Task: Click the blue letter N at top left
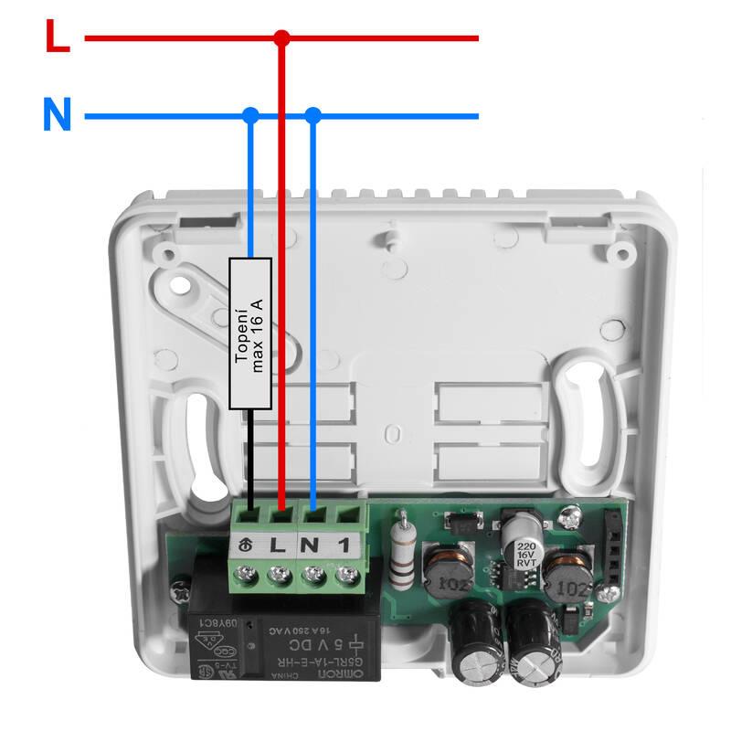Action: coord(57,116)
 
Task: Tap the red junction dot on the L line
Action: coord(282,38)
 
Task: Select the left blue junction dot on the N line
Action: coord(250,116)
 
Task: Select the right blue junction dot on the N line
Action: coord(313,116)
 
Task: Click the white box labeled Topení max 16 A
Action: coord(250,333)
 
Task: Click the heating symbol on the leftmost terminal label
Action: coord(246,546)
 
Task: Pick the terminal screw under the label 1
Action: coord(345,576)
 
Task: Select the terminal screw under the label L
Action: coord(280,576)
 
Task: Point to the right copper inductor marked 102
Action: coord(567,577)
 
